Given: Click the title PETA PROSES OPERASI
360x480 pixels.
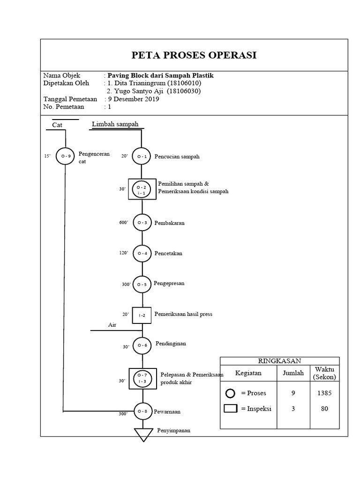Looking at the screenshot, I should tap(194, 55).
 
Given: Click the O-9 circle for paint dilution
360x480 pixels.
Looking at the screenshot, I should tap(65, 156).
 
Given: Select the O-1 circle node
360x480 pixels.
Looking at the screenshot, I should tap(142, 157).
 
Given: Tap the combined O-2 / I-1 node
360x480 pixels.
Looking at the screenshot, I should tap(142, 189).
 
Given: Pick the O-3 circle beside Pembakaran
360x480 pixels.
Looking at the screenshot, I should tap(142, 223).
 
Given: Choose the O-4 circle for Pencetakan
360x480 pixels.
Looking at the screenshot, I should tap(142, 253).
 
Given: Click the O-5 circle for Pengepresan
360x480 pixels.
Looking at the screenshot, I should tap(142, 284).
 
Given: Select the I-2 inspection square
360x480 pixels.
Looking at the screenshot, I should tap(142, 315).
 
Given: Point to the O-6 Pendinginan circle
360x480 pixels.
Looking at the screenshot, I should tap(142, 346).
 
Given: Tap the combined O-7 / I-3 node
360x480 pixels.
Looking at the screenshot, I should tap(142, 378).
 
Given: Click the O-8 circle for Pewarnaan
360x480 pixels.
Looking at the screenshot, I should tap(142, 411).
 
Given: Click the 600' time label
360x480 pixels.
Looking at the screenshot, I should tap(123, 223).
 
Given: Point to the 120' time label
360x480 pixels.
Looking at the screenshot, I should tap(123, 253).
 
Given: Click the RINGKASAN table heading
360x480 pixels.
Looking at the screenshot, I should tap(279, 360).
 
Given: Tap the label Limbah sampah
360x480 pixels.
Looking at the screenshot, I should tap(115, 124).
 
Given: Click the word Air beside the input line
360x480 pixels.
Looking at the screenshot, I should tap(112, 324).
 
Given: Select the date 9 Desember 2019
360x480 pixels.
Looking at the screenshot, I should tap(134, 99).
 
